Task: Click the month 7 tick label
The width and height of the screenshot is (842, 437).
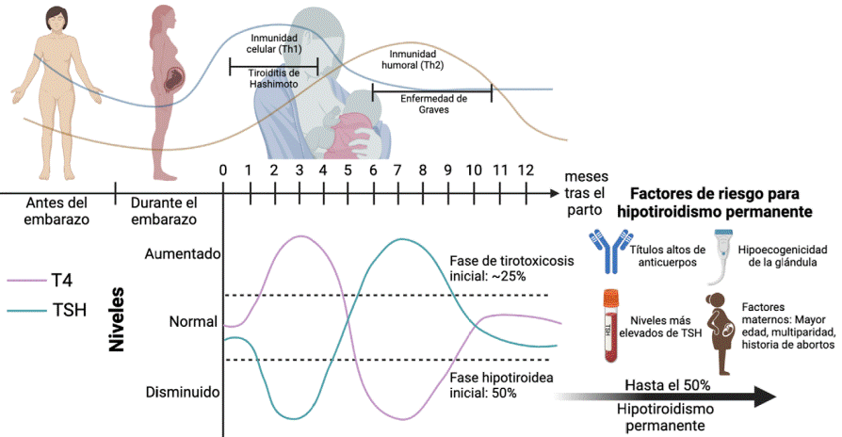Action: click(x=397, y=170)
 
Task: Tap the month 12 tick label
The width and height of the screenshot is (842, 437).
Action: click(x=525, y=170)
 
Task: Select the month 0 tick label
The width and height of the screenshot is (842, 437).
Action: click(x=222, y=170)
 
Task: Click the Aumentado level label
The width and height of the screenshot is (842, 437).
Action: click(x=183, y=253)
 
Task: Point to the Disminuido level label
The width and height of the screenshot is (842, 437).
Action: click(x=183, y=391)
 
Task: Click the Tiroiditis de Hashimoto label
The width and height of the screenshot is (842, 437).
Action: click(x=273, y=77)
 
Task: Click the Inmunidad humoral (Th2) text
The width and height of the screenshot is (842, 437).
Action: click(x=414, y=60)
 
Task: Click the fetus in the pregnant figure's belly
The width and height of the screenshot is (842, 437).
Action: click(x=174, y=80)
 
